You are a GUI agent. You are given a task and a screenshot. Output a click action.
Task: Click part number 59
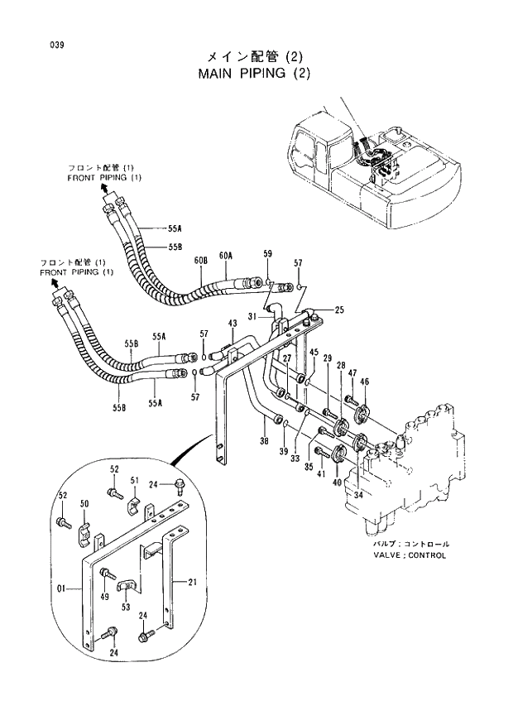(x=267, y=253)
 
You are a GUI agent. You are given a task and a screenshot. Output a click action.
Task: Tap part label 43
(x=233, y=323)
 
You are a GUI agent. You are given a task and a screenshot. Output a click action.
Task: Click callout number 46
(x=365, y=382)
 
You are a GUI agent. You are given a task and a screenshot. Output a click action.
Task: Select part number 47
(x=352, y=374)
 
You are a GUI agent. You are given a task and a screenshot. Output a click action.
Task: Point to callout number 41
(x=321, y=473)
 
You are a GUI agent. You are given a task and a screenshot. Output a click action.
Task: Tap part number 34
(x=359, y=495)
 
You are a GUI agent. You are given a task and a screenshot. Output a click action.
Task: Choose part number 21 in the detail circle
(x=192, y=583)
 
